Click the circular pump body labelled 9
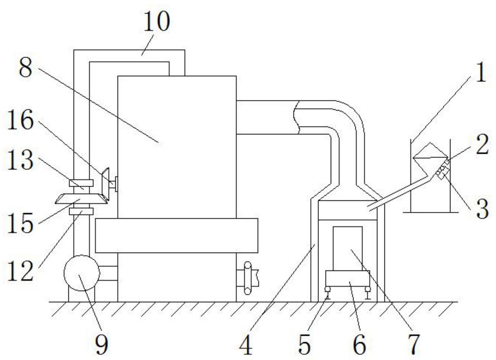pos(81,273)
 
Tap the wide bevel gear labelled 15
pos(81,199)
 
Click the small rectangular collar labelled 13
pos(81,183)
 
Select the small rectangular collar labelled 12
pos(81,211)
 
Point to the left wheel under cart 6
pos(328,289)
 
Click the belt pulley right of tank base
pos(248,278)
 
